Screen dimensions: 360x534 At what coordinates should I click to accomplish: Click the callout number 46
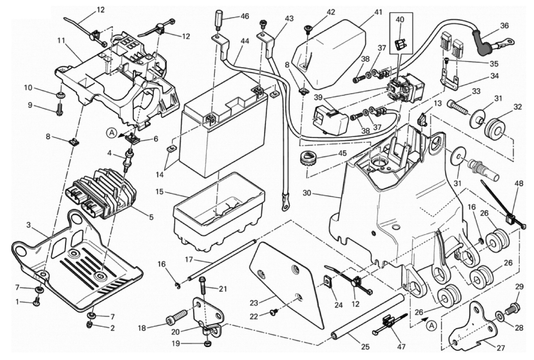coord(244,16)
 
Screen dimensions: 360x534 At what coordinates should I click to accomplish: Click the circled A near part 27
coord(430,325)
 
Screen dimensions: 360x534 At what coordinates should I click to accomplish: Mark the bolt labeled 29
coord(514,306)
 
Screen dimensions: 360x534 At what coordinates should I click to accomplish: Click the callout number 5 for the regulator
coord(151,218)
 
